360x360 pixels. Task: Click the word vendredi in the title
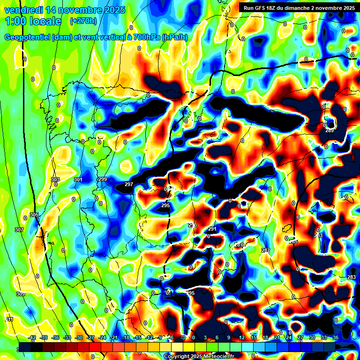click(23, 10)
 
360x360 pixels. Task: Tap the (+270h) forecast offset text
click(83, 21)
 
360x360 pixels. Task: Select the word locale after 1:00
click(44, 21)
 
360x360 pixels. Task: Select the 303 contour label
click(55, 180)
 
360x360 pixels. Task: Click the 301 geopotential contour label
click(78, 180)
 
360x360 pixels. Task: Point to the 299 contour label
click(103, 180)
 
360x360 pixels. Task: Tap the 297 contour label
click(129, 184)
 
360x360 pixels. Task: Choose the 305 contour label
click(34, 215)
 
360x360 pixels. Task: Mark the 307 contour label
click(19, 230)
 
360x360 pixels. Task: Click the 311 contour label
click(9, 319)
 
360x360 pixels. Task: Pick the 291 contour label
click(212, 229)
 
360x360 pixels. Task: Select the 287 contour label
click(266, 251)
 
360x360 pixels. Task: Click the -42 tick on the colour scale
click(32, 337)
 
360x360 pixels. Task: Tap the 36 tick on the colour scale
click(336, 337)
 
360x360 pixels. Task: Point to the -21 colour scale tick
click(114, 337)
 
